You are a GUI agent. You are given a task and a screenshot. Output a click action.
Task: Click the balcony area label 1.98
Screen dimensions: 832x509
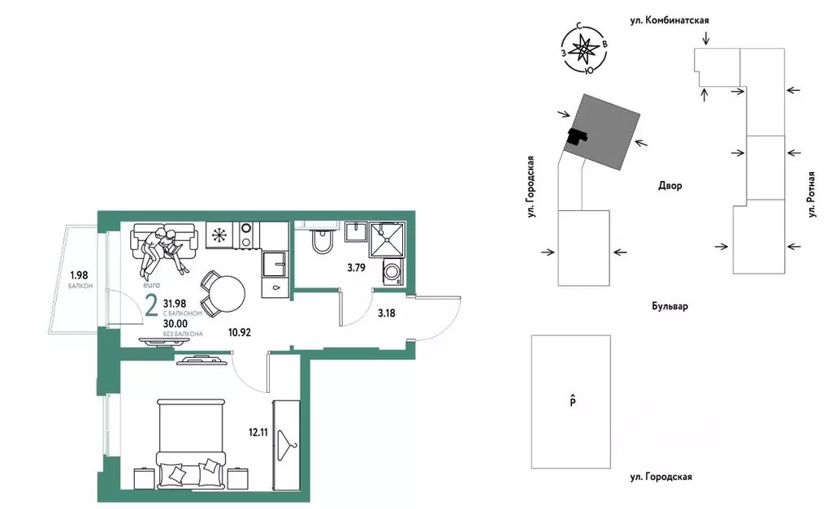click(x=79, y=275)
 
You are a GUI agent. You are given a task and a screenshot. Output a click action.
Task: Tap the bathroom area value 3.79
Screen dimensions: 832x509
click(x=357, y=268)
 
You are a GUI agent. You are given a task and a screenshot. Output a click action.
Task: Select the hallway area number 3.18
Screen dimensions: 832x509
click(x=386, y=313)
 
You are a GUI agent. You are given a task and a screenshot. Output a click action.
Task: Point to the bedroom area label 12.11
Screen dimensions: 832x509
click(x=258, y=433)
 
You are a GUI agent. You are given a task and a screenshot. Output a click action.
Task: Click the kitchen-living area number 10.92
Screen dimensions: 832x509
click(x=240, y=333)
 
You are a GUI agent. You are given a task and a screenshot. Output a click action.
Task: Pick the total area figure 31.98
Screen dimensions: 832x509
click(x=175, y=304)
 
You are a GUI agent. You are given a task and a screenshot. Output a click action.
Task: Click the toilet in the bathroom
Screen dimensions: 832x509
click(x=322, y=241)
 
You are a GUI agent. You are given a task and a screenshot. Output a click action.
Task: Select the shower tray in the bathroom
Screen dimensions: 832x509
click(x=388, y=239)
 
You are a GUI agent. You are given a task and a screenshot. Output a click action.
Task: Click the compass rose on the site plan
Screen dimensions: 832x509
click(x=583, y=50)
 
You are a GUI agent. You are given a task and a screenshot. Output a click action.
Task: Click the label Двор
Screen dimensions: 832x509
click(x=670, y=186)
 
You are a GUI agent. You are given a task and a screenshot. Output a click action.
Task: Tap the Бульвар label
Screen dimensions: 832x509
click(x=669, y=306)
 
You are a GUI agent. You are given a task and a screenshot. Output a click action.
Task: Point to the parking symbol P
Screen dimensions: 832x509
click(x=573, y=401)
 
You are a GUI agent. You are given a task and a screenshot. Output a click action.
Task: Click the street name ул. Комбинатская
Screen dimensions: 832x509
click(x=669, y=20)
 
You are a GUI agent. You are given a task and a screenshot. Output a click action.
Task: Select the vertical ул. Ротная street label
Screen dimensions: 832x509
click(x=811, y=194)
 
